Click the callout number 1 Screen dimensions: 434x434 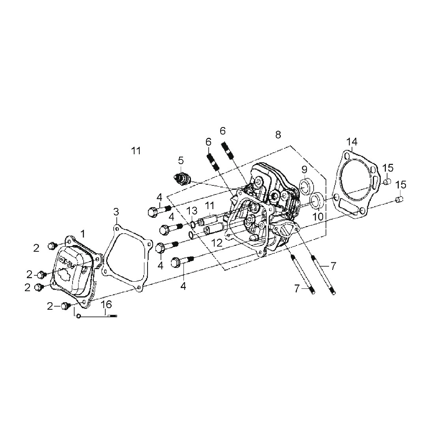(83, 234)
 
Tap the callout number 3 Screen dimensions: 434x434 (116, 212)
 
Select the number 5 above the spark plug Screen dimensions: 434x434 (181, 160)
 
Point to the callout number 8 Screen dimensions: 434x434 (278, 135)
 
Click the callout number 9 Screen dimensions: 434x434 (304, 170)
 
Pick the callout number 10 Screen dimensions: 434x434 (318, 217)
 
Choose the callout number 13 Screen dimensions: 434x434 (192, 211)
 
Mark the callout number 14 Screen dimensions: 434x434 (352, 142)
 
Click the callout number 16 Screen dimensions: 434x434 (106, 305)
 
